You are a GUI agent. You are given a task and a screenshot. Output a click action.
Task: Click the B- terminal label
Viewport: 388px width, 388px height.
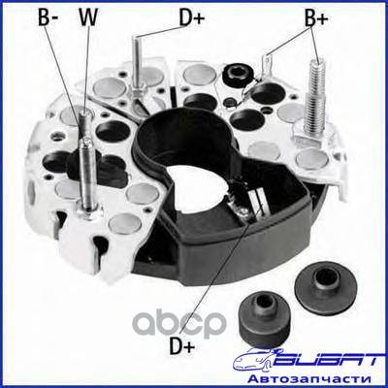[48, 17]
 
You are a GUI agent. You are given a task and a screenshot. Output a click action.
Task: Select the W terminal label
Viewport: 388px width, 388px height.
[88, 17]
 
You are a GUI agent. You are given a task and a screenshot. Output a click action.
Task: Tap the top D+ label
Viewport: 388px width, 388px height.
[192, 17]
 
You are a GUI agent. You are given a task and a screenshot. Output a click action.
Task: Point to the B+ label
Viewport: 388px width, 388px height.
[316, 18]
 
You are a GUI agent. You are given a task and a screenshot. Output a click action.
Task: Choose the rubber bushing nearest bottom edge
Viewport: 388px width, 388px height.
[265, 318]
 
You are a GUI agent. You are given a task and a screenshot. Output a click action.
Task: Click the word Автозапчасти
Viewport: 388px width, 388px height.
[308, 378]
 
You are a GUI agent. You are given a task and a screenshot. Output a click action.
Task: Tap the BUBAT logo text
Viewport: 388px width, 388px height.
[324, 360]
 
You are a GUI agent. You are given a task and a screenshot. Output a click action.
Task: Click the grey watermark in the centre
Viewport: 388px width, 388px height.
[180, 324]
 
